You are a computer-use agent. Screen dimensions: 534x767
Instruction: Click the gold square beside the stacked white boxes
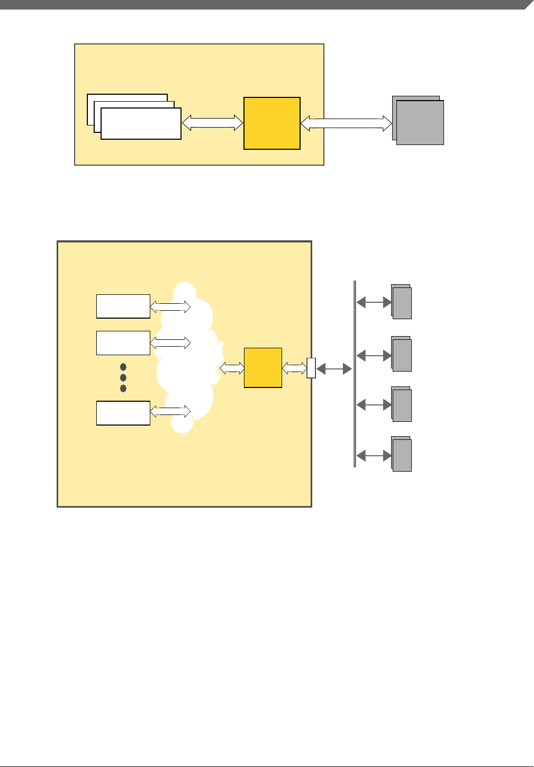click(x=272, y=123)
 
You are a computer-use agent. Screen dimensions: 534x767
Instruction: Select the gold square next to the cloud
click(x=263, y=368)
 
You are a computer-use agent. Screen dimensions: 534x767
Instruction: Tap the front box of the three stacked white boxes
click(x=141, y=124)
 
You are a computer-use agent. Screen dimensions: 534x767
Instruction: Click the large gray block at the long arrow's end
click(x=420, y=122)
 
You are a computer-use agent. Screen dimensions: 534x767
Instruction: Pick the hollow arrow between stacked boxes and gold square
click(x=212, y=123)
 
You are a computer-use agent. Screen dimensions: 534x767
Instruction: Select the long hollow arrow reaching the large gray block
click(x=346, y=124)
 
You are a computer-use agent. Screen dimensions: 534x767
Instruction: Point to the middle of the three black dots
click(x=123, y=377)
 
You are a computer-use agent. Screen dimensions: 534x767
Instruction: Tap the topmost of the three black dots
click(x=123, y=367)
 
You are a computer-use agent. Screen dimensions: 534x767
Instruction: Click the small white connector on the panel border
click(x=311, y=368)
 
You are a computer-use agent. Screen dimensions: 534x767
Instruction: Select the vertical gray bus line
click(x=355, y=374)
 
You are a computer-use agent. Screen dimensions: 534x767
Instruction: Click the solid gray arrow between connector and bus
click(x=334, y=369)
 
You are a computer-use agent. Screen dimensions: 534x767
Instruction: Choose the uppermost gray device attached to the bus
click(x=402, y=303)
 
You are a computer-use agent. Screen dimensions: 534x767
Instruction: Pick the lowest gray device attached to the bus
click(x=402, y=455)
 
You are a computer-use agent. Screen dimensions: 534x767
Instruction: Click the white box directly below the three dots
click(x=123, y=413)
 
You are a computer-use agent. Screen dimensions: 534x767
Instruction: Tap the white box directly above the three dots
click(x=123, y=343)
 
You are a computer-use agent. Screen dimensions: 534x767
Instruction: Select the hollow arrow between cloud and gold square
click(x=232, y=368)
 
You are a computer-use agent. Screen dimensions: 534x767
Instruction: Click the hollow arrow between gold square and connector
click(x=294, y=368)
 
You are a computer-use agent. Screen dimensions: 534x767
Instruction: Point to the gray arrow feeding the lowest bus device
click(x=374, y=455)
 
